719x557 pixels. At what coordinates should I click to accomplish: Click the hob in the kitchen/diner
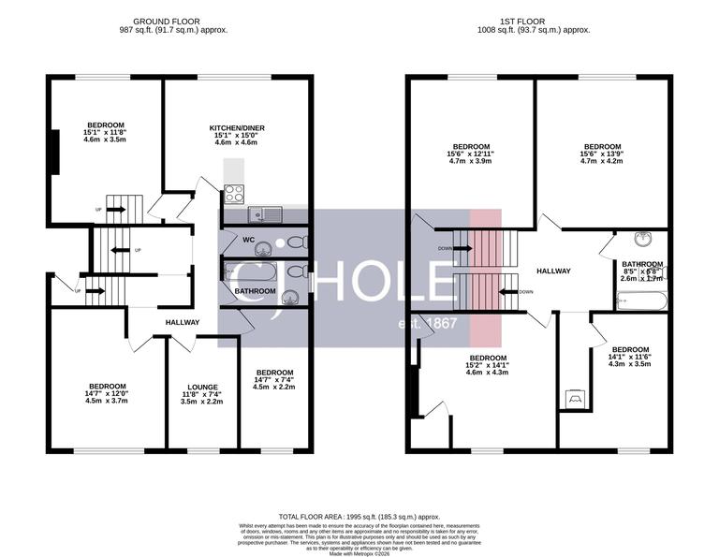click(233, 194)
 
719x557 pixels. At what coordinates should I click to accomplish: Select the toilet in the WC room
click(295, 242)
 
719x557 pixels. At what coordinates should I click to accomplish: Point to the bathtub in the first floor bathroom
click(642, 300)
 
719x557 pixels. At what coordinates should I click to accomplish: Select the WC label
click(249, 239)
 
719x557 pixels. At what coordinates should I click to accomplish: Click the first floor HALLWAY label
click(553, 271)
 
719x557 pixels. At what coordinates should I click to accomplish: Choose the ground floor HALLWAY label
click(183, 322)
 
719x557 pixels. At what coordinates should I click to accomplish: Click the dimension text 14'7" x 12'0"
click(108, 393)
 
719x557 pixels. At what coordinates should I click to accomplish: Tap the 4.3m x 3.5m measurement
click(629, 364)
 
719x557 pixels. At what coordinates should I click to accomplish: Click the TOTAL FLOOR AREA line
click(359, 517)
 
